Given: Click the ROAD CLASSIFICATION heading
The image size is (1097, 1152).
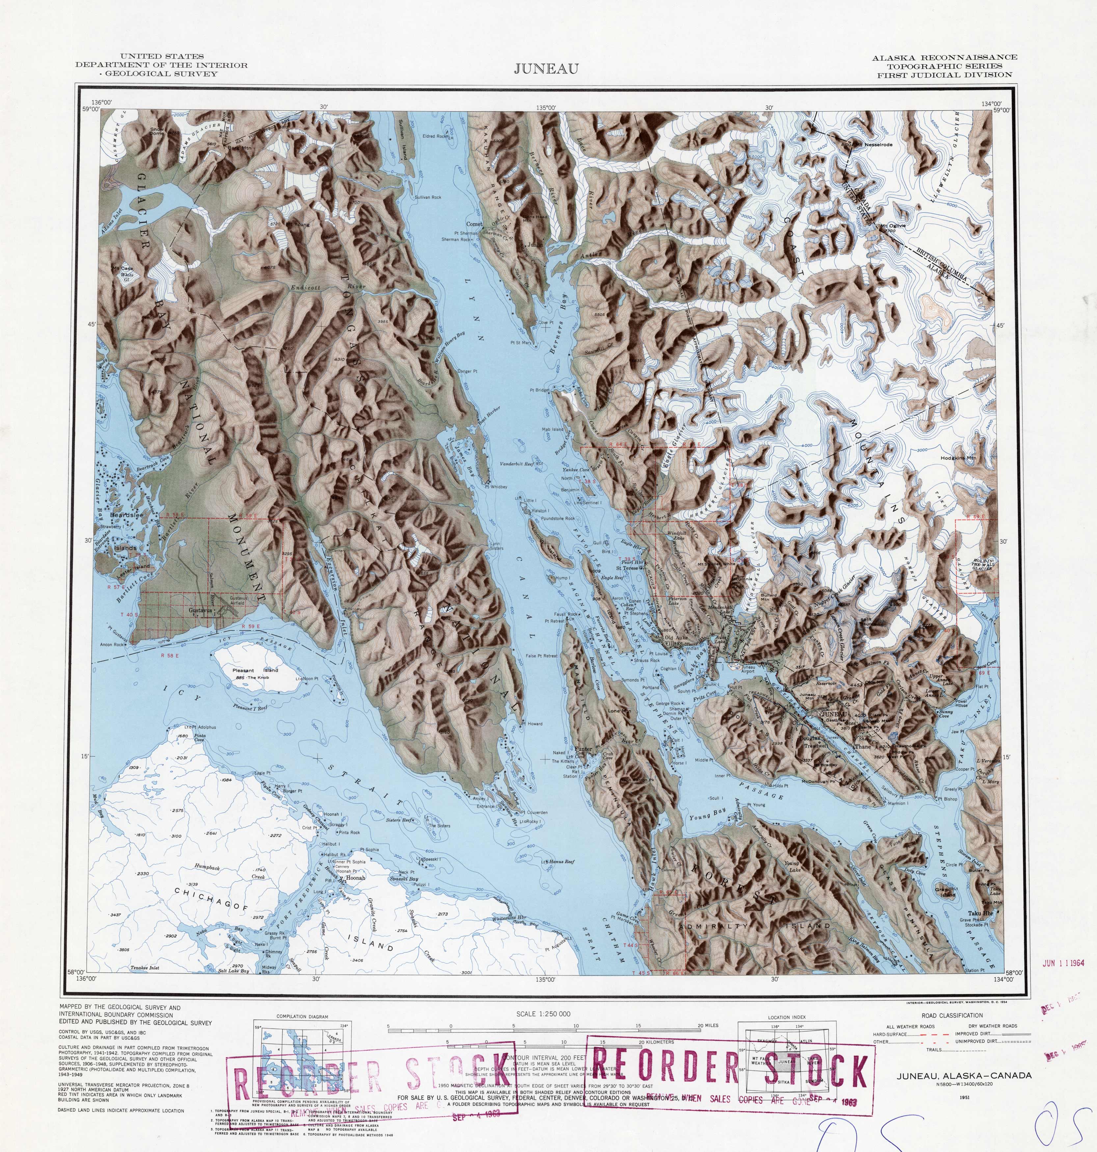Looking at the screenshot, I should [x=952, y=1015].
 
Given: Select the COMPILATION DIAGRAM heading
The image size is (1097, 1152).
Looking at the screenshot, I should [x=302, y=1016].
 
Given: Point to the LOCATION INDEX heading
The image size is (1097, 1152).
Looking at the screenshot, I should [x=787, y=1018].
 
